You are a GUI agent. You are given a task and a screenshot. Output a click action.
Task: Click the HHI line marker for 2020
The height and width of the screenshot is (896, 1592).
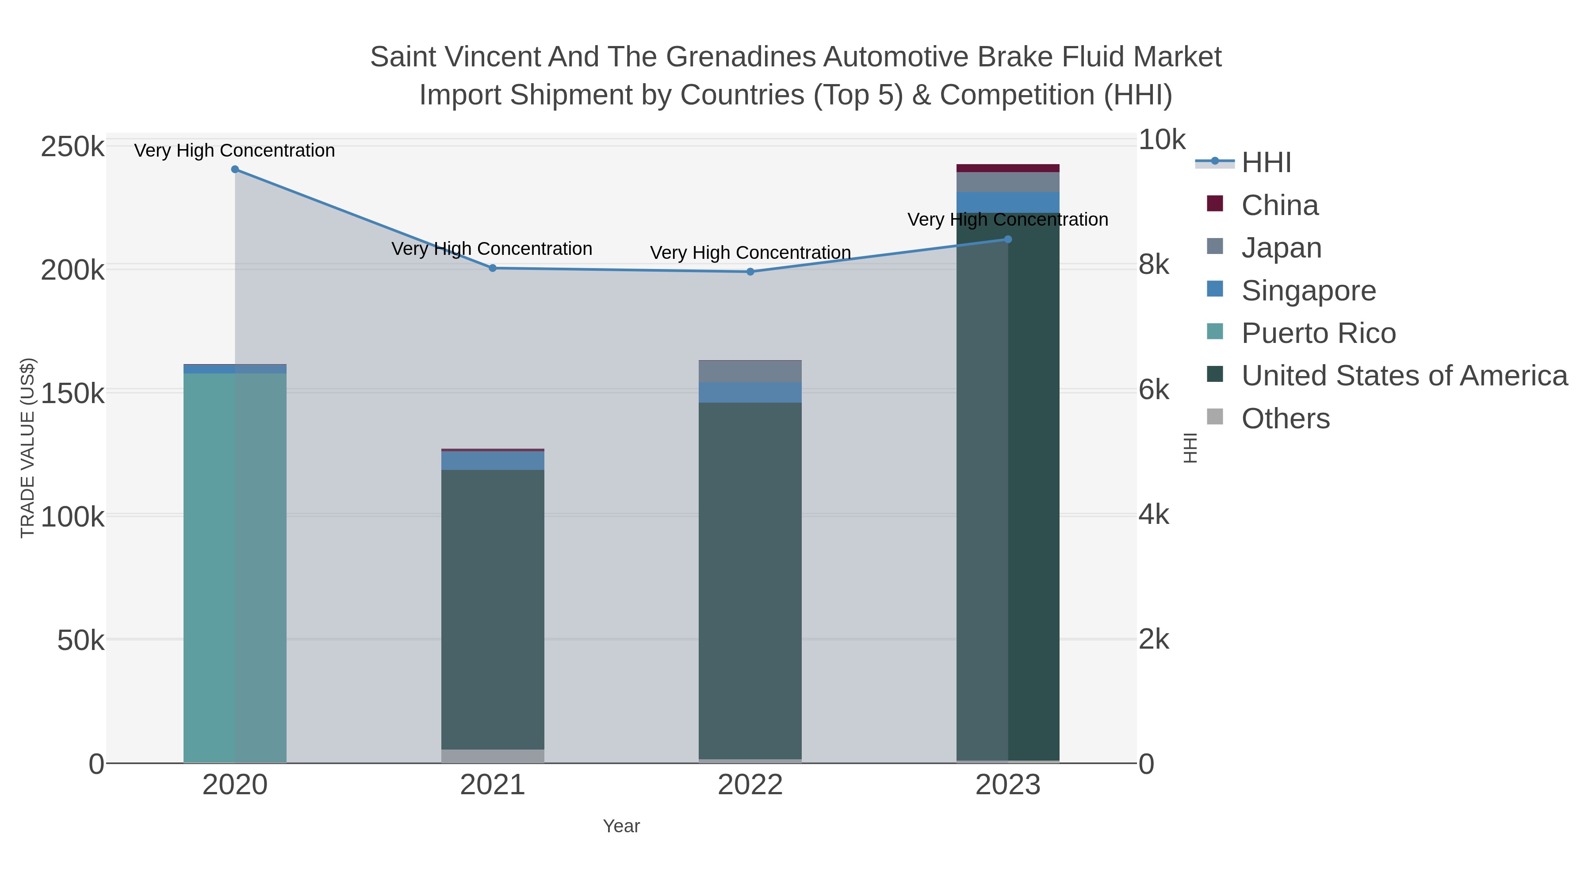pos(235,169)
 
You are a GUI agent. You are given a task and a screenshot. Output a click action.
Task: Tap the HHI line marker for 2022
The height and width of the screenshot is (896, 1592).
pos(750,272)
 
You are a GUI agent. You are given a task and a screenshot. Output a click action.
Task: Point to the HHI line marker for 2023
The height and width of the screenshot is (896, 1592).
pos(1008,239)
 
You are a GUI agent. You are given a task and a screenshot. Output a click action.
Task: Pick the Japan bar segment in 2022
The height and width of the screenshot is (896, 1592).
pos(750,372)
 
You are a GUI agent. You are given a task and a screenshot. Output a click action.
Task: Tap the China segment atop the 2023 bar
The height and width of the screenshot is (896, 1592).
pos(1008,168)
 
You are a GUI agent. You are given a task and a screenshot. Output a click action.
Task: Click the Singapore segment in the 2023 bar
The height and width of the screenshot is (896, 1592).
pos(1008,202)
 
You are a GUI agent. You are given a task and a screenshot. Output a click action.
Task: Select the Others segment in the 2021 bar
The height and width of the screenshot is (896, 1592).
pos(493,756)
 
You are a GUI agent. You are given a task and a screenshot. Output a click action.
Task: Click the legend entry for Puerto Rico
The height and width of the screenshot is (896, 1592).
pos(1318,333)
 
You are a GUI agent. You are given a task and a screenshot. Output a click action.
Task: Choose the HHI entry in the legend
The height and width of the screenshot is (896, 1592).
pos(1266,163)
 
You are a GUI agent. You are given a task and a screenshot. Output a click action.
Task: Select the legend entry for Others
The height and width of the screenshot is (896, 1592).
pos(1285,419)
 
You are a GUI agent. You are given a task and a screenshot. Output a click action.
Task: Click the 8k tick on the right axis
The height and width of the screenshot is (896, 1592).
pos(1154,265)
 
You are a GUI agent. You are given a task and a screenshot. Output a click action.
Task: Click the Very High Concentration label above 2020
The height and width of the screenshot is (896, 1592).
pos(235,150)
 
